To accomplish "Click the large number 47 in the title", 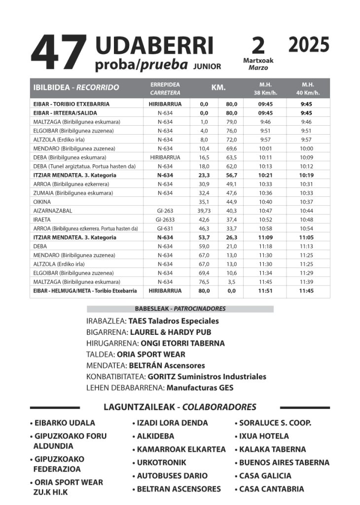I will (59, 53).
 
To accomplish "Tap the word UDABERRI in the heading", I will (154, 46).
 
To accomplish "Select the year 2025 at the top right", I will (309, 45).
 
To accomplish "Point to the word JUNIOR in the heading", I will (207, 66).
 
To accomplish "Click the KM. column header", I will (218, 87).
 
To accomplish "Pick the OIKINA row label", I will (42, 202).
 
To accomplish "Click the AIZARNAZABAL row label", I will (53, 211).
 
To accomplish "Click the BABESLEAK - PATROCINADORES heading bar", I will (180, 309).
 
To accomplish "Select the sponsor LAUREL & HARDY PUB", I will (169, 332).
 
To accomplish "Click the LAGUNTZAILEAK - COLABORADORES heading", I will (180, 407).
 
